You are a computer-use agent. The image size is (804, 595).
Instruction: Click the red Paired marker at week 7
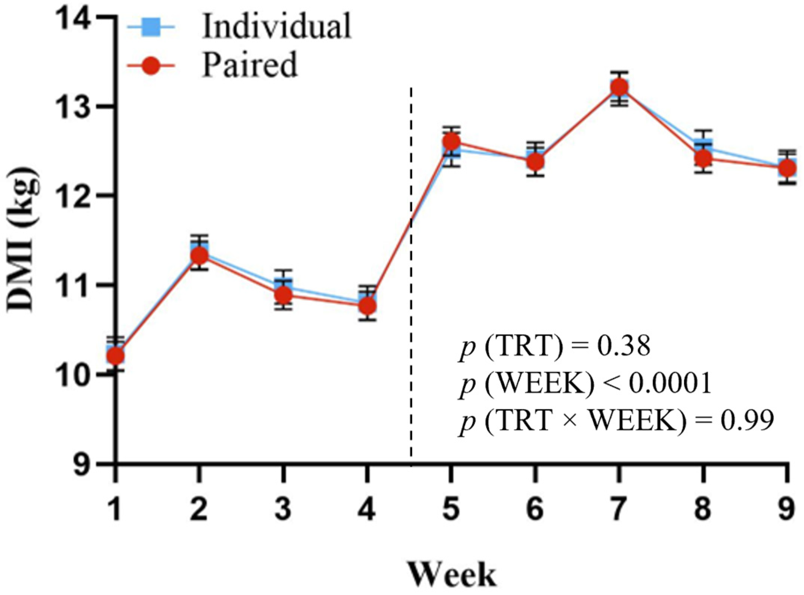coord(619,87)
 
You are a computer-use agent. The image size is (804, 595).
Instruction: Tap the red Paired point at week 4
coord(367,306)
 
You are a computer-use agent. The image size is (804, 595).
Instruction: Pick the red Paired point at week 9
coord(788,168)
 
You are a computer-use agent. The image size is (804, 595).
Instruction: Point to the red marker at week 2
coord(199,256)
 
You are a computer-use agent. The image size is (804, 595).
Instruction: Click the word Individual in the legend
coord(276,26)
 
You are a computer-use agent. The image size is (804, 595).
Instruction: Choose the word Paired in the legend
coord(250,65)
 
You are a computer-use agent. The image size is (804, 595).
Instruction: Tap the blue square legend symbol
coord(151,27)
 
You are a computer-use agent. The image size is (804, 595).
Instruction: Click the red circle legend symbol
coord(151,65)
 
